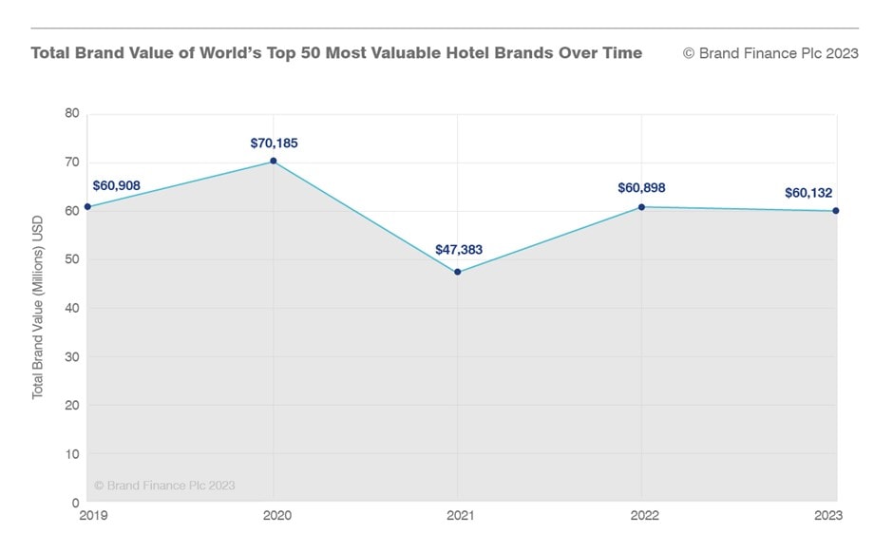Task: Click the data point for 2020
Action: [x=274, y=162]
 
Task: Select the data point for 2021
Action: [x=458, y=273]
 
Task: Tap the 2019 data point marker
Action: [x=87, y=206]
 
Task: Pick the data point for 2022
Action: [x=642, y=207]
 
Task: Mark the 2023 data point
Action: [x=836, y=211]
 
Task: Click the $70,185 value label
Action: [x=274, y=143]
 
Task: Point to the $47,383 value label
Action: [x=459, y=250]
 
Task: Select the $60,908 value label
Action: [x=116, y=184]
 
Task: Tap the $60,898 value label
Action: [x=641, y=187]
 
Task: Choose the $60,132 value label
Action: [x=808, y=193]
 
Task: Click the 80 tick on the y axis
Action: [x=71, y=113]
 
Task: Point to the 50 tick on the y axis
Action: [x=71, y=259]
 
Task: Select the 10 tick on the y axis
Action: [x=71, y=453]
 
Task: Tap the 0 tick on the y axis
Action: [x=75, y=502]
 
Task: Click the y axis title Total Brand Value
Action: [x=38, y=306]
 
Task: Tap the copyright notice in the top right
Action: [x=770, y=53]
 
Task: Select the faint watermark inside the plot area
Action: [x=164, y=486]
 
